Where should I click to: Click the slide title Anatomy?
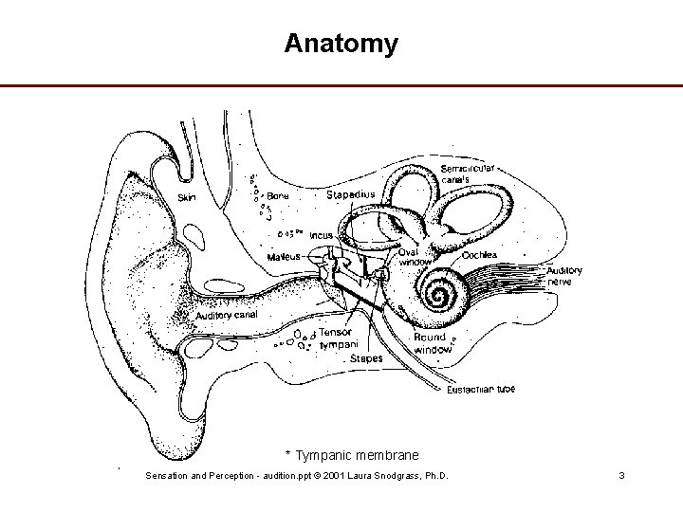pyautogui.click(x=341, y=44)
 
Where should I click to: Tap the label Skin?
pyautogui.click(x=188, y=198)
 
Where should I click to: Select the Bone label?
pyautogui.click(x=278, y=195)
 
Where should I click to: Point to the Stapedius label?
pyautogui.click(x=350, y=194)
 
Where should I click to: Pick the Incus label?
pyautogui.click(x=321, y=234)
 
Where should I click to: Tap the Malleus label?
pyautogui.click(x=284, y=256)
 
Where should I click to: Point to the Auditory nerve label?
pyautogui.click(x=563, y=276)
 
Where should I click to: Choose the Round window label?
pyautogui.click(x=432, y=343)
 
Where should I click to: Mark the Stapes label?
pyautogui.click(x=366, y=358)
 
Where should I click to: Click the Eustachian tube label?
pyautogui.click(x=481, y=390)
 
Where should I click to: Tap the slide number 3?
pyautogui.click(x=620, y=474)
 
